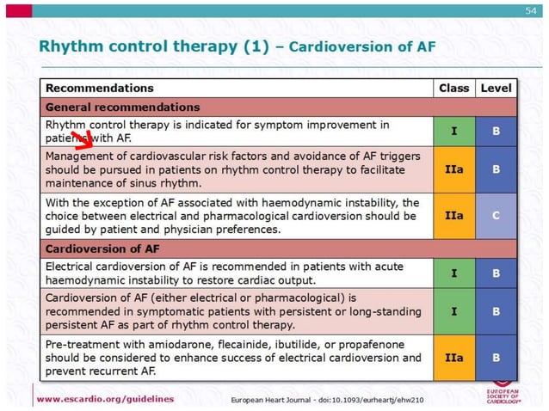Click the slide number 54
point(530,9)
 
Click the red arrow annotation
point(83,140)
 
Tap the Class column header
point(453,88)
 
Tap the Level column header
point(496,88)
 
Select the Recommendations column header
point(99,88)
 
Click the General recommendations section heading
point(122,107)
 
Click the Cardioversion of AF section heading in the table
point(102,249)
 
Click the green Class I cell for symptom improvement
point(453,132)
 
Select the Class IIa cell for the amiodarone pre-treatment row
point(453,357)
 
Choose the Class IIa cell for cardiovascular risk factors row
point(453,169)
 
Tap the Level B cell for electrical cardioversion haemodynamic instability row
point(496,273)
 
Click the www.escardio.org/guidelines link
point(105,399)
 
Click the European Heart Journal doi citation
point(327,400)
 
